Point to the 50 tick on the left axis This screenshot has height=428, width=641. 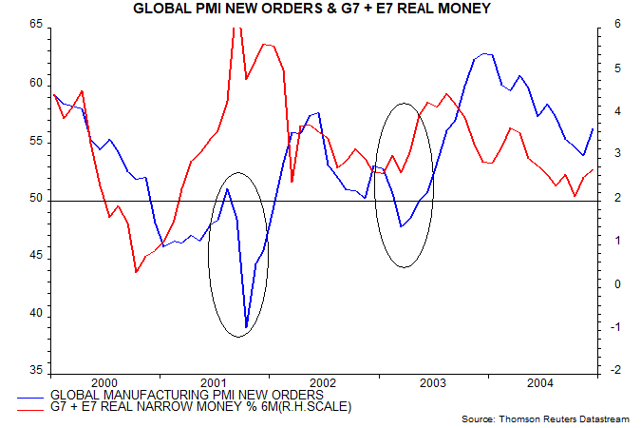coord(37,201)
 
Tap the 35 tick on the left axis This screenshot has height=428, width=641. coord(37,371)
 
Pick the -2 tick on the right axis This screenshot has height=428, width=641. coord(604,371)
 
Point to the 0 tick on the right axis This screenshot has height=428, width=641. coord(604,284)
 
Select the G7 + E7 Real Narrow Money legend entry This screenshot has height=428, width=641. coord(199,407)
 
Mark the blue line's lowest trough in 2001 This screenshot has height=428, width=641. coord(247,327)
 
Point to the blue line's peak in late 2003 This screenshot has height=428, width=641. coord(485,54)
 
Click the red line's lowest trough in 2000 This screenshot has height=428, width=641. coord(137,272)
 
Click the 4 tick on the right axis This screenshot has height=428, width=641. coord(604,112)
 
